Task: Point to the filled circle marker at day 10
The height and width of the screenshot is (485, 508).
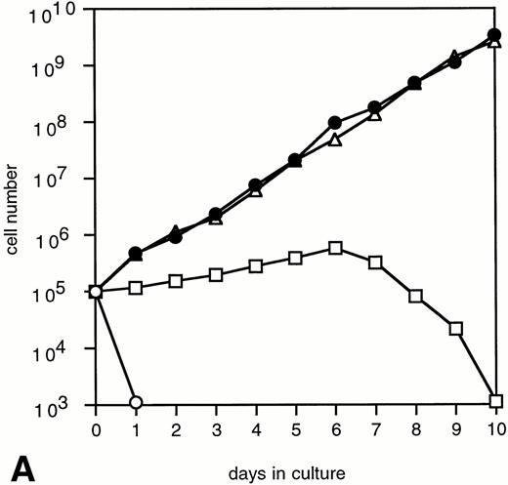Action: (495, 35)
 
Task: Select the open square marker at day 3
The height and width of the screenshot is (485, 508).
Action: (216, 274)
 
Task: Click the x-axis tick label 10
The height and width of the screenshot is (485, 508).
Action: (495, 428)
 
